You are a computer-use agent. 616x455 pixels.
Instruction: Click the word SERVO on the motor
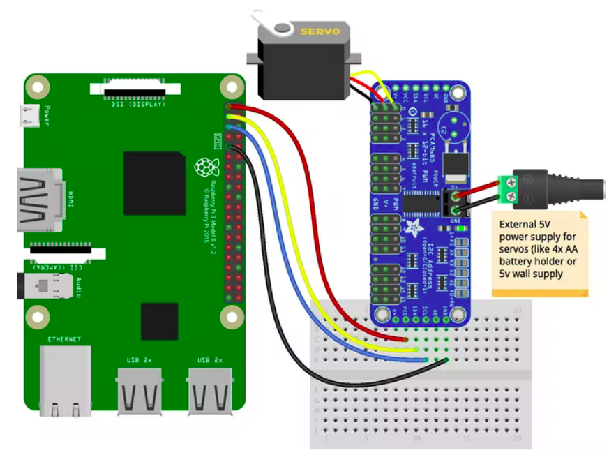pos(320,31)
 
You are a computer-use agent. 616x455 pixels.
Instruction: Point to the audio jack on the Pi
pos(44,286)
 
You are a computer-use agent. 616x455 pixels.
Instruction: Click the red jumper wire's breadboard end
pos(406,339)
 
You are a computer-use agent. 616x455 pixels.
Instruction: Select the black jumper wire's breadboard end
pos(445,360)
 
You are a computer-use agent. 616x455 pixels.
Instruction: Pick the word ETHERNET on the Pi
pos(64,339)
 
